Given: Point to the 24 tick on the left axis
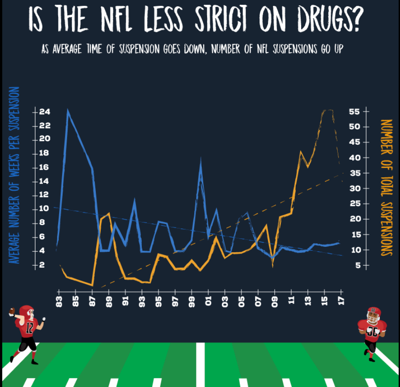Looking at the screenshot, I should point(44,112).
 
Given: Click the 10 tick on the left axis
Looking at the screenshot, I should point(44,209).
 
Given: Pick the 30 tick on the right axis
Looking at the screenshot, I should point(354,188).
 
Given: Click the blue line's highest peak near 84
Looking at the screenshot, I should point(68,110).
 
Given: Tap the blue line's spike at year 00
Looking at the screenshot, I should point(201,159).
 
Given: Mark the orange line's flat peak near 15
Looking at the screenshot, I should point(328,110).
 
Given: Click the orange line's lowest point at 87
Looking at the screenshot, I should point(92,285).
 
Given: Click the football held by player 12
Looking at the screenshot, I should point(12,311).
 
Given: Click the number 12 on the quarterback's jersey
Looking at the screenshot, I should point(29,328).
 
